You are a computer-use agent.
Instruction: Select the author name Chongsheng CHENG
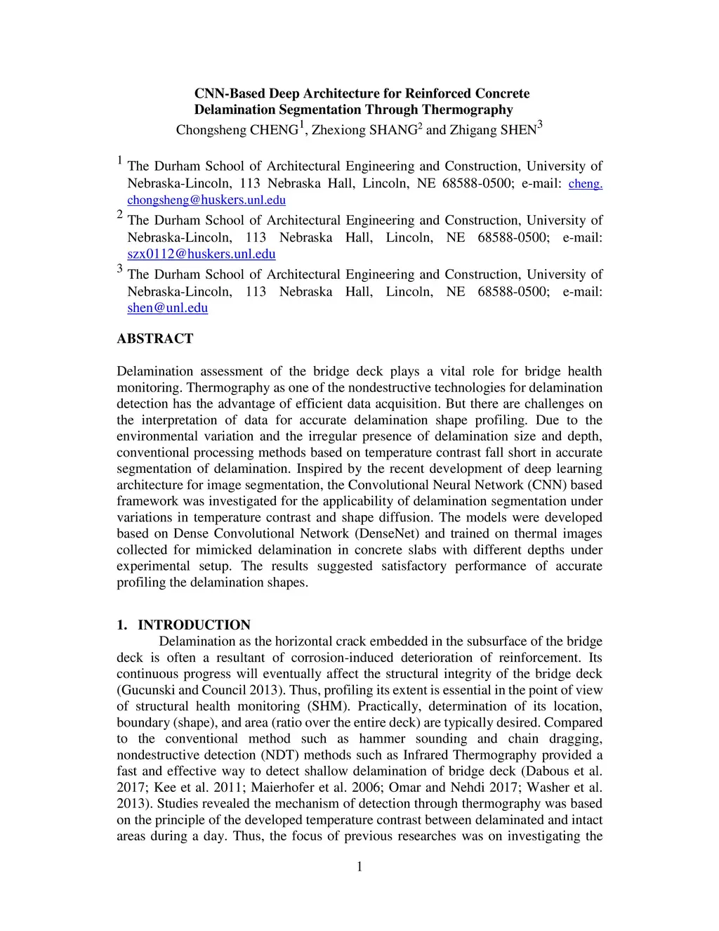pos(237,130)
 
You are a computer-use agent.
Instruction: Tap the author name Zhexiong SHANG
pos(364,130)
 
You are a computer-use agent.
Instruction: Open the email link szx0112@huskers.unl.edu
pos(201,254)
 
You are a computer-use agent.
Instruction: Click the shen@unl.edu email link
pos(167,308)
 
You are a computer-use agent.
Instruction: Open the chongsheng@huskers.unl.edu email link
pos(206,200)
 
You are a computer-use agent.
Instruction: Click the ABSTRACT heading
pos(154,339)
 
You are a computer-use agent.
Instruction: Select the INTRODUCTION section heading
pos(194,625)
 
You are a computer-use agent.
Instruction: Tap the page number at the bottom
pos(359,867)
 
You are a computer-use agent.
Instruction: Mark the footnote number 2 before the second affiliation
pos(120,215)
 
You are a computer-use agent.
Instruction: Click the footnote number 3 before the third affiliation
pos(120,269)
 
